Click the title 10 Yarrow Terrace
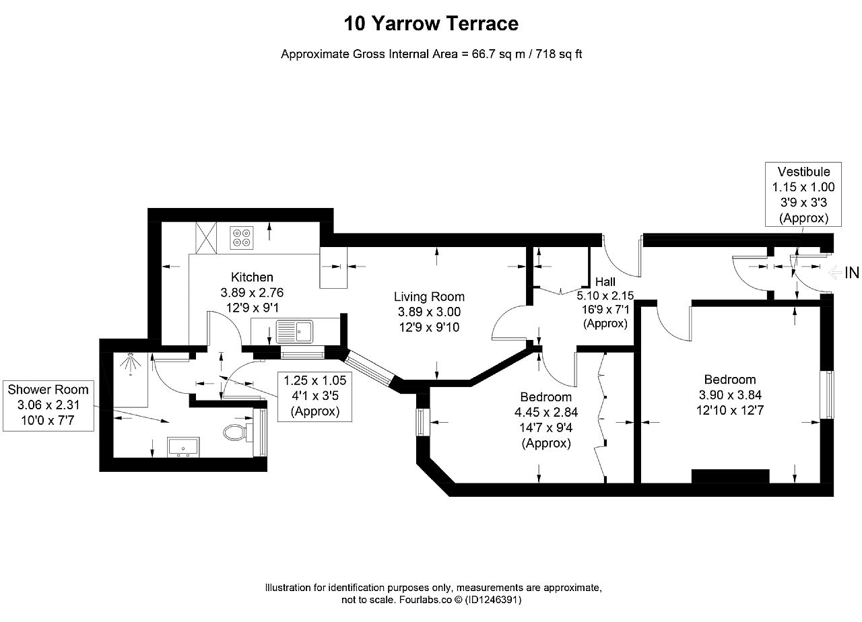[x=431, y=24]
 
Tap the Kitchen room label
[x=252, y=277]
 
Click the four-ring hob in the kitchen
[x=242, y=238]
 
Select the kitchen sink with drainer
[x=294, y=332]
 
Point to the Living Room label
[x=429, y=297]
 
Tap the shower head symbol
[x=130, y=363]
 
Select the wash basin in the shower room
[x=184, y=448]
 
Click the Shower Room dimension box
[x=48, y=405]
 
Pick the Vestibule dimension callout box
[x=803, y=195]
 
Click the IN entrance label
[x=852, y=273]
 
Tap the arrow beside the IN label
[x=834, y=273]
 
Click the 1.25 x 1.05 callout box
[x=314, y=396]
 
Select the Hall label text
[x=605, y=282]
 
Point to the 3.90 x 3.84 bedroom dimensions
[x=730, y=395]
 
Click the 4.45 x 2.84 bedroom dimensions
[x=546, y=413]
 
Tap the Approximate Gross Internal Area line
[x=431, y=55]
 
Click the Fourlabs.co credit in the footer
[x=425, y=600]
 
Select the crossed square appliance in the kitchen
[x=206, y=238]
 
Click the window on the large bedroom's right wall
[x=828, y=394]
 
